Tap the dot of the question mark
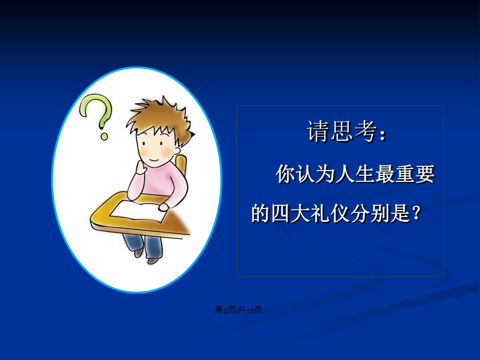(x=104, y=136)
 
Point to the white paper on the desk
(x=139, y=211)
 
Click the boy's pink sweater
(x=161, y=183)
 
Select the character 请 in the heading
(x=318, y=132)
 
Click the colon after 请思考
(x=382, y=135)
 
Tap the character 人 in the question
(x=345, y=174)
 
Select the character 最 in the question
(x=385, y=174)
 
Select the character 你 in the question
(x=286, y=174)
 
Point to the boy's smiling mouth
(x=154, y=160)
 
